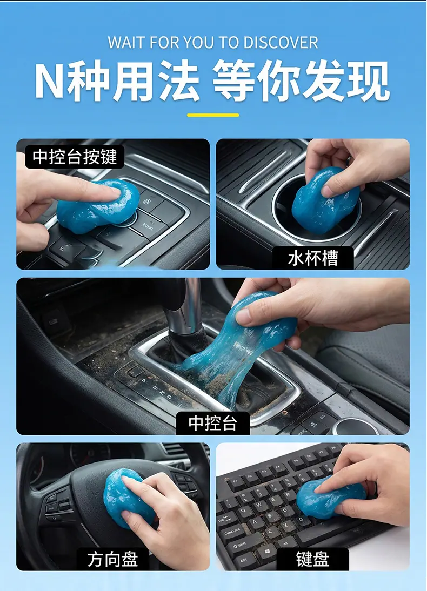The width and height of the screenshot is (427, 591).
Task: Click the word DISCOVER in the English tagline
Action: click(281, 42)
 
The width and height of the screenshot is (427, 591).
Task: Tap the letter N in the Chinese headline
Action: click(49, 81)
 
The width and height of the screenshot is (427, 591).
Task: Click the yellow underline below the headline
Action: click(213, 115)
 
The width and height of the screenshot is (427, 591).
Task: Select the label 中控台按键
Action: click(75, 157)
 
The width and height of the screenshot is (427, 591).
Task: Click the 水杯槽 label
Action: click(313, 258)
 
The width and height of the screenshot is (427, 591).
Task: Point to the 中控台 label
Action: click(213, 423)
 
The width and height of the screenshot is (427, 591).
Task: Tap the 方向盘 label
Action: click(112, 559)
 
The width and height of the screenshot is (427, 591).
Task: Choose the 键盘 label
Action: click(313, 559)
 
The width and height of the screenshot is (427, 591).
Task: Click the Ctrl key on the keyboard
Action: click(244, 560)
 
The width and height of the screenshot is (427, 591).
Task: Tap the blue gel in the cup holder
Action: click(324, 202)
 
